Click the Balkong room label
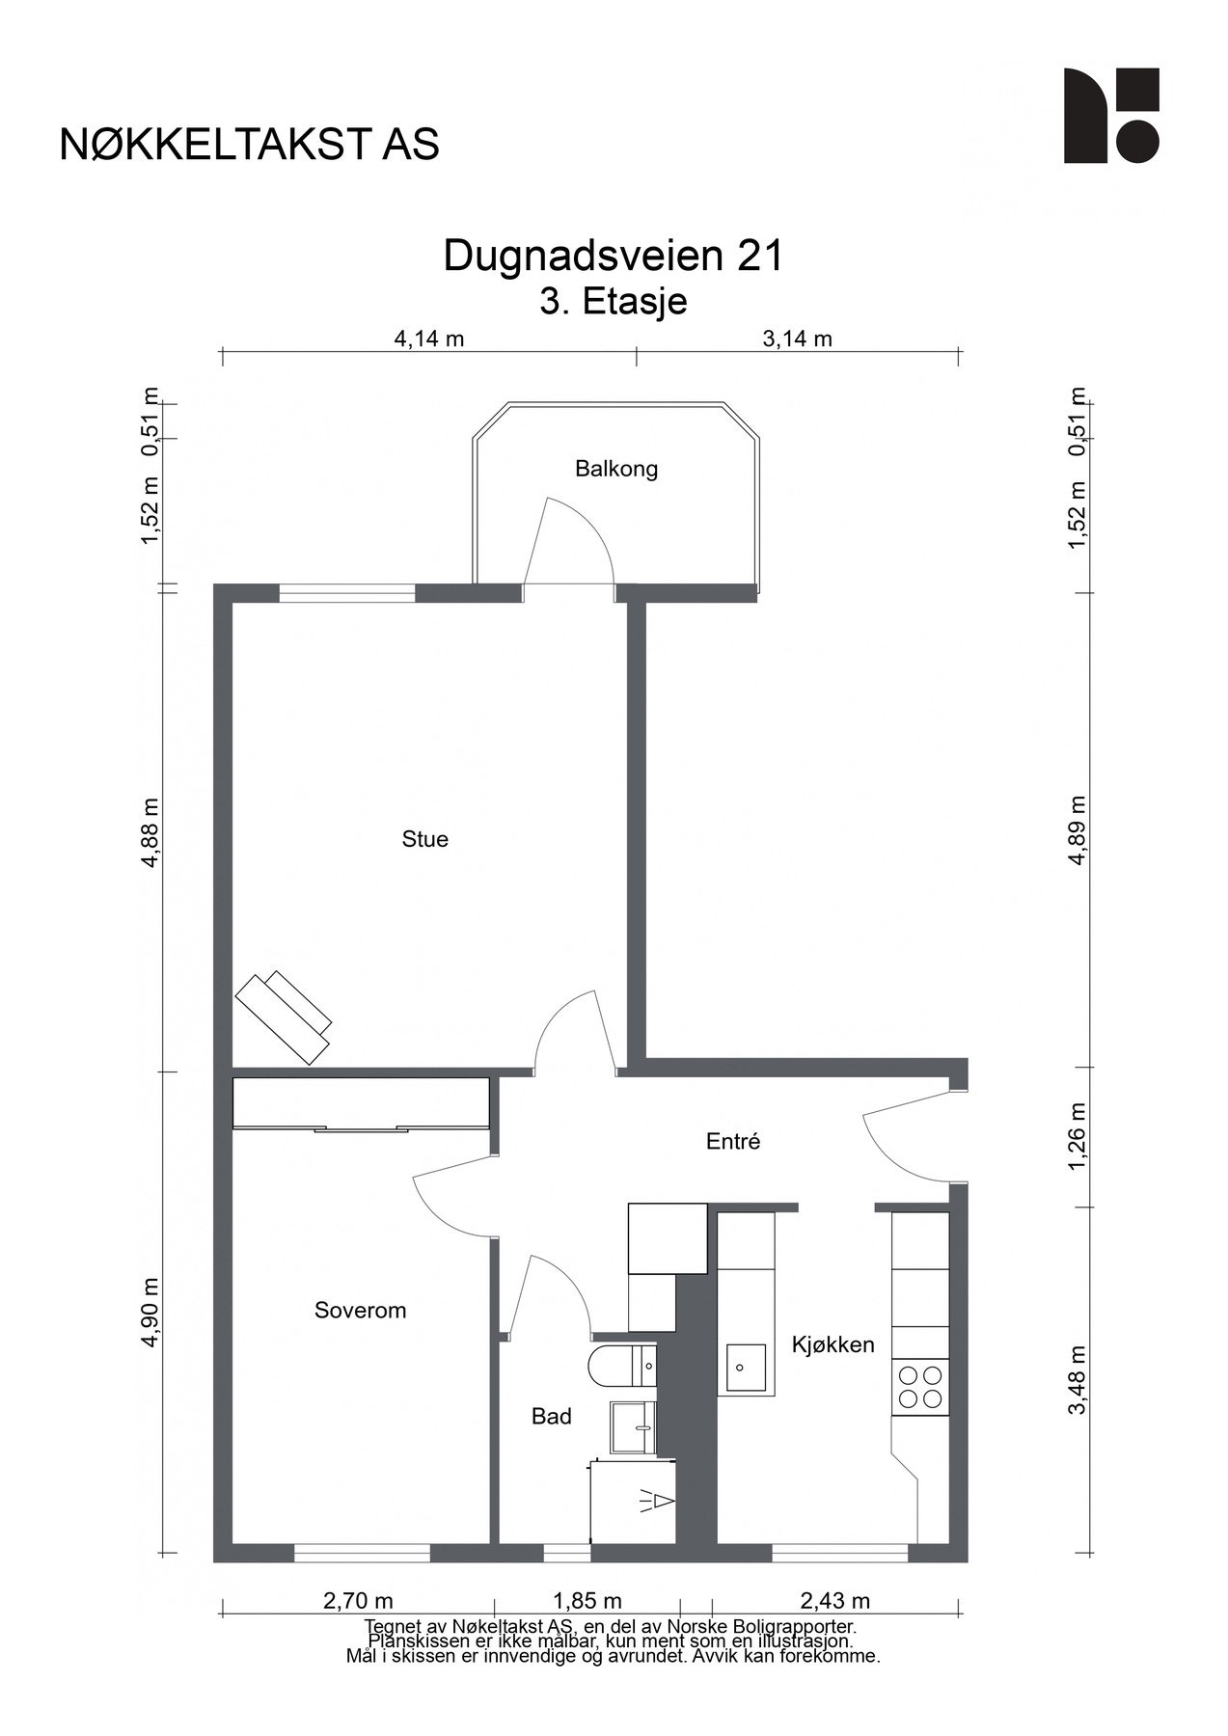[x=615, y=470]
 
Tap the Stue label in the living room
[x=425, y=839]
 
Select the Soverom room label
[x=361, y=1311]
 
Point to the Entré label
[x=733, y=1141]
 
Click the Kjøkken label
[x=833, y=1344]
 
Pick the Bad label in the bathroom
[x=552, y=1417]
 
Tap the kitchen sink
[x=747, y=1367]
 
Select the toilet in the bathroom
[x=622, y=1366]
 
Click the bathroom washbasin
[x=633, y=1427]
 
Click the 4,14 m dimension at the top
[x=429, y=339]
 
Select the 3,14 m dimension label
[x=797, y=339]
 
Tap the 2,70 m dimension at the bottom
[x=358, y=1601]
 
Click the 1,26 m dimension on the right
[x=1078, y=1137]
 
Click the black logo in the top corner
[x=1111, y=116]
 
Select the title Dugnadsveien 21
[x=614, y=257]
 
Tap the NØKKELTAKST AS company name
[x=250, y=145]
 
